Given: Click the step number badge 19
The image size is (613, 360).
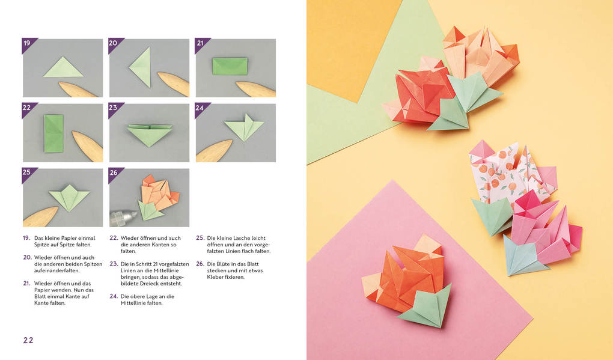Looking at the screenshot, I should click(x=27, y=43).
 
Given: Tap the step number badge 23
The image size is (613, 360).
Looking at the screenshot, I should click(x=114, y=108).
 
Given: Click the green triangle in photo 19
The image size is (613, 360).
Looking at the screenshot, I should click(x=63, y=68).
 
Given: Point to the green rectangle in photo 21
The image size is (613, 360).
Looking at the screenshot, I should click(x=230, y=66).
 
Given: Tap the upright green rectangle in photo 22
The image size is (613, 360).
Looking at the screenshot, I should click(x=53, y=133).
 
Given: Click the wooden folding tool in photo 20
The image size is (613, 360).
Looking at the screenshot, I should click(x=172, y=84).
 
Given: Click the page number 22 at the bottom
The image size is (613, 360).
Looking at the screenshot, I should click(x=28, y=340).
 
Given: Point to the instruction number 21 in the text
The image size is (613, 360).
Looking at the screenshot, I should click(x=26, y=283).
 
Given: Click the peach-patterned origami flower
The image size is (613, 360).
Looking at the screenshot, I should click(x=505, y=174).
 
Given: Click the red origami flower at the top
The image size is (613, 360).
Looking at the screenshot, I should click(x=423, y=93).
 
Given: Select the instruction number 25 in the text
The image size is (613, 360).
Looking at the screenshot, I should click(x=200, y=238).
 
